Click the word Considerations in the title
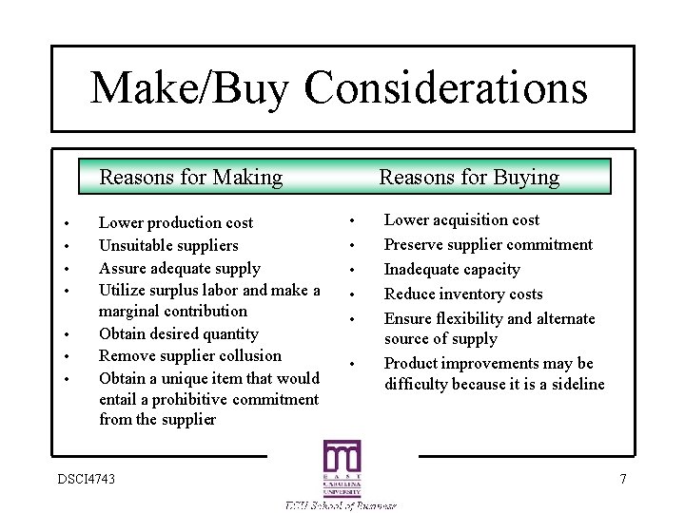[446, 88]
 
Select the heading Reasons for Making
[191, 177]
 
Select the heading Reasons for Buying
[469, 177]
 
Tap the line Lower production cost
[176, 222]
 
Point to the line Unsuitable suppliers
[168, 245]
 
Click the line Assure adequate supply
[179, 268]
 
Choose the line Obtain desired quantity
[178, 333]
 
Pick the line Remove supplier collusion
[190, 355]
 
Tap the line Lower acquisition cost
[461, 219]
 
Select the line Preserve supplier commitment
[488, 244]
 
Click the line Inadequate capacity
[452, 269]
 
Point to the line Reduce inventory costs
[463, 294]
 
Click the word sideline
[574, 384]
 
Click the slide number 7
[623, 479]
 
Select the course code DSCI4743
[86, 479]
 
